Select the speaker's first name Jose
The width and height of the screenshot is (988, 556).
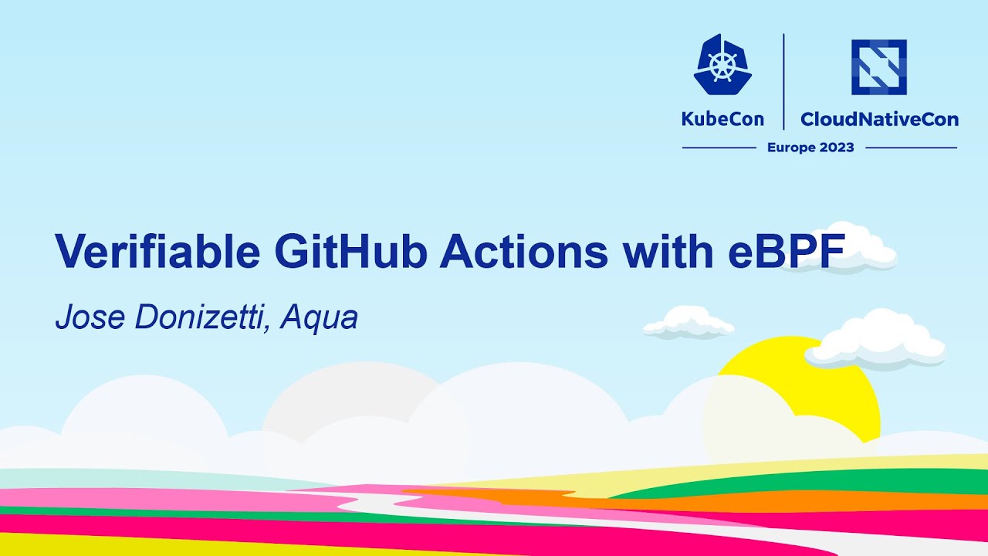click(81, 317)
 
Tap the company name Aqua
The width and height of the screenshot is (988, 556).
click(320, 317)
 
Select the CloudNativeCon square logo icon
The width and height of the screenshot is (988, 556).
click(878, 67)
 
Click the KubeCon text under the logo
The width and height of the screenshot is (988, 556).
click(722, 120)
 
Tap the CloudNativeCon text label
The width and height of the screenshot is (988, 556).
click(879, 120)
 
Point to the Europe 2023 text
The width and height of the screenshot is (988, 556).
click(810, 147)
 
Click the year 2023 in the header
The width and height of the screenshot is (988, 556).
click(837, 147)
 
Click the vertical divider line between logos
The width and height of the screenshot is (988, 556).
click(783, 81)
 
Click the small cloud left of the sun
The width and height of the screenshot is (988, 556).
click(689, 322)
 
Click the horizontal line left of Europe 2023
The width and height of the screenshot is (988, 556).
click(719, 147)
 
